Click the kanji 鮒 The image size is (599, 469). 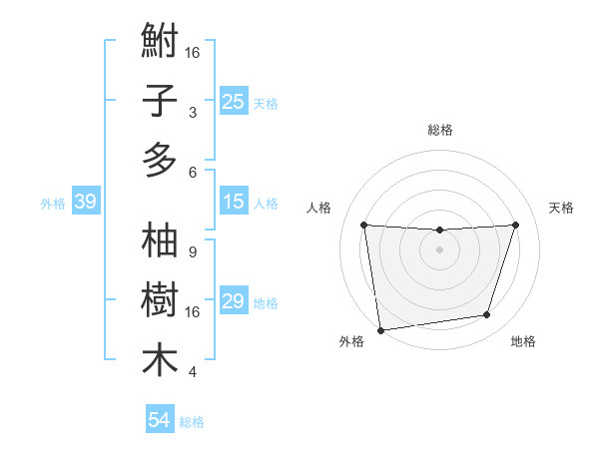pyautogui.click(x=160, y=43)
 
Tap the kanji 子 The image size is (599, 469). pyautogui.click(x=160, y=101)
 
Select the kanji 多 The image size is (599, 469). pyautogui.click(x=160, y=159)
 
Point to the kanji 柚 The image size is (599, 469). pyautogui.click(x=160, y=241)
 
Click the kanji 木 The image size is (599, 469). pyautogui.click(x=160, y=359)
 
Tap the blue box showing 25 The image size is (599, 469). pyautogui.click(x=233, y=101)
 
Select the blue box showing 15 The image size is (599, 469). pyautogui.click(x=233, y=203)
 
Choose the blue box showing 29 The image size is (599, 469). pyautogui.click(x=233, y=301)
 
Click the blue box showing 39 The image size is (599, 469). pyautogui.click(x=85, y=203)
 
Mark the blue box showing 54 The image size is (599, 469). pyautogui.click(x=159, y=420)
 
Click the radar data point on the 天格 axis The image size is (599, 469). pyautogui.click(x=516, y=225)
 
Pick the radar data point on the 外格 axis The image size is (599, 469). pyautogui.click(x=379, y=329)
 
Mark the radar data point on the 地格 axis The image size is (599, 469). pyautogui.click(x=487, y=315)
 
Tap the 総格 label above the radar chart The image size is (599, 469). pyautogui.click(x=439, y=130)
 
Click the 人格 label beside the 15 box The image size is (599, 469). pyautogui.click(x=266, y=204)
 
